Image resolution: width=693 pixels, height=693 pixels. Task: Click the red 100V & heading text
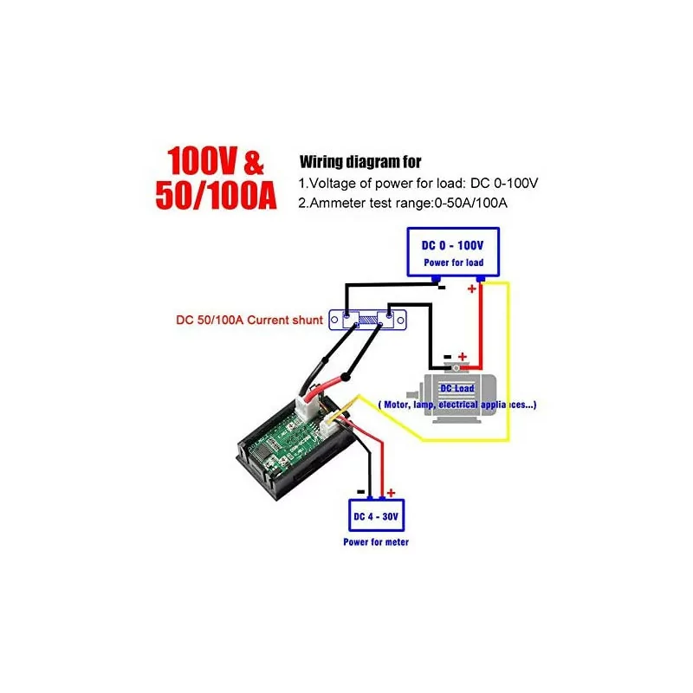tap(215, 161)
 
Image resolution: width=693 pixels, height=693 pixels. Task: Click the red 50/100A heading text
tap(216, 195)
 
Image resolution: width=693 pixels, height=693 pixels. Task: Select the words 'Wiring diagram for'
tap(360, 162)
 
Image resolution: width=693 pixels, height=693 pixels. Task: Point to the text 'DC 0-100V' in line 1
tap(504, 183)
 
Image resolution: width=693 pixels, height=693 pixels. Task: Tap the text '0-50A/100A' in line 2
tap(470, 203)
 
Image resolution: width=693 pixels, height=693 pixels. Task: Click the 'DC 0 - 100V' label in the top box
tap(452, 245)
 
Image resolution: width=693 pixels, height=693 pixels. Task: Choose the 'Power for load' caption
tap(453, 262)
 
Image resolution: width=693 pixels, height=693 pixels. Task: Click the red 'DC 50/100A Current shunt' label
tap(249, 320)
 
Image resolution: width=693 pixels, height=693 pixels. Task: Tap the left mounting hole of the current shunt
tap(334, 320)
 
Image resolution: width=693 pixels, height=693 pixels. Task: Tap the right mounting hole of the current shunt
tap(401, 321)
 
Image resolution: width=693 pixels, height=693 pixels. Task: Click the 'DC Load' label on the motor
tap(457, 388)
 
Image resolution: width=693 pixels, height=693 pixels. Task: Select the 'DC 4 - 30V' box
tap(377, 515)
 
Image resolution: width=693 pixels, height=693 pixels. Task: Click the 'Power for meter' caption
tap(376, 542)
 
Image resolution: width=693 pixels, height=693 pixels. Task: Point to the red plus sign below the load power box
tap(471, 288)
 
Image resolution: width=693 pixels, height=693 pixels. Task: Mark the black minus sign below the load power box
tap(442, 288)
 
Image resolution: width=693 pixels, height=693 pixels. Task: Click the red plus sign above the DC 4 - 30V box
tap(391, 493)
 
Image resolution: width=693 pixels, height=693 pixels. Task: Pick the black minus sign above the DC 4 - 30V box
tap(360, 492)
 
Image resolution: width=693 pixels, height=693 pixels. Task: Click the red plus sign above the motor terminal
tap(463, 356)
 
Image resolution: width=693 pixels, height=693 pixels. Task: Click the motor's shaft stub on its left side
tap(413, 394)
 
